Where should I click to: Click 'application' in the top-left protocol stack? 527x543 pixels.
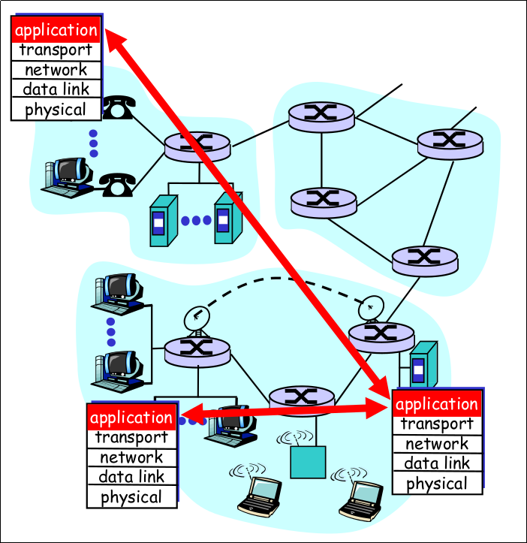56,31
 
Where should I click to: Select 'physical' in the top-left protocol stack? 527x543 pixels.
56,110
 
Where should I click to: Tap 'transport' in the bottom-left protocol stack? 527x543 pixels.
131,437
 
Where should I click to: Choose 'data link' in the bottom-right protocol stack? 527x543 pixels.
437,463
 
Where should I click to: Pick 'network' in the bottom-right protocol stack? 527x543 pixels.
437,444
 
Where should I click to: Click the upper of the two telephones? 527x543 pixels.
117,108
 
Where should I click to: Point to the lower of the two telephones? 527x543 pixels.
116,183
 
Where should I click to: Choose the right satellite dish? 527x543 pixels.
372,308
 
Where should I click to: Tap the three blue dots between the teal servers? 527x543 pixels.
196,221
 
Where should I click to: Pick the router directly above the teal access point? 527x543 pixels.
301,399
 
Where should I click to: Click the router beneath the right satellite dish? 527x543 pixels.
381,336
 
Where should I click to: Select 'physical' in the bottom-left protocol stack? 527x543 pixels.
131,497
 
